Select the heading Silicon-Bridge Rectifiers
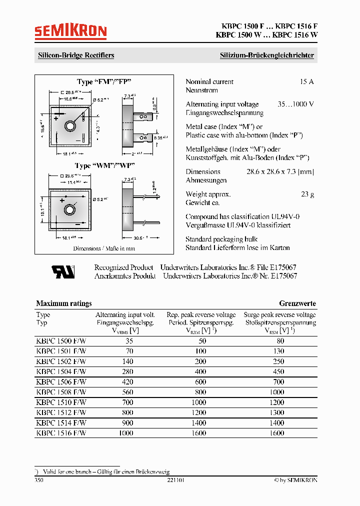[76, 55]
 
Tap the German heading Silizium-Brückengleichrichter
[267, 55]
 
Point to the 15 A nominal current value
[306, 81]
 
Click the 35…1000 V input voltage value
[295, 104]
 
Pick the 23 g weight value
[307, 194]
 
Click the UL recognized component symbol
[63, 271]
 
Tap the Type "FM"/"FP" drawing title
[104, 81]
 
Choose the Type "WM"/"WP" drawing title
[104, 165]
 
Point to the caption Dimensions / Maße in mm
[104, 248]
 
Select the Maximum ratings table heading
[64, 303]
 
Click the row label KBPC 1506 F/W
[61, 382]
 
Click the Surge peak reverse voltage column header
[279, 315]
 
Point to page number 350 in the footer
[39, 480]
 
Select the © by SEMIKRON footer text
[295, 480]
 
